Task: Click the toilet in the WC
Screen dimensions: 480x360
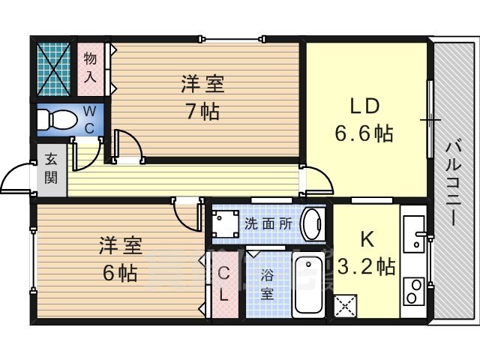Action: click(57, 120)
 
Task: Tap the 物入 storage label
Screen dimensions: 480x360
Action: click(90, 67)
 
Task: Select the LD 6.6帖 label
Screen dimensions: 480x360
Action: click(364, 119)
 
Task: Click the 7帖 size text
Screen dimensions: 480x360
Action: click(203, 112)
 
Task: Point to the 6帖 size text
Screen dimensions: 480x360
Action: click(120, 273)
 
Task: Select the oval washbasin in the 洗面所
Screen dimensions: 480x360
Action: click(313, 224)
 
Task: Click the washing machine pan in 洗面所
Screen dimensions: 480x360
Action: click(226, 223)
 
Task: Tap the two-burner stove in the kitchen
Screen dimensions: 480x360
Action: click(414, 292)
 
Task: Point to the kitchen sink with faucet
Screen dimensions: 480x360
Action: click(414, 234)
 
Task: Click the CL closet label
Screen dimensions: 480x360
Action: click(224, 283)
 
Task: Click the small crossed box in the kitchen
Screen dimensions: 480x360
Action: click(345, 306)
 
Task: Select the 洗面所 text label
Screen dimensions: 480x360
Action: click(268, 224)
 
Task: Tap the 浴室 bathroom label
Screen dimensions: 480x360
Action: click(266, 285)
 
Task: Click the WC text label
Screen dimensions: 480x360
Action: click(89, 120)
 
